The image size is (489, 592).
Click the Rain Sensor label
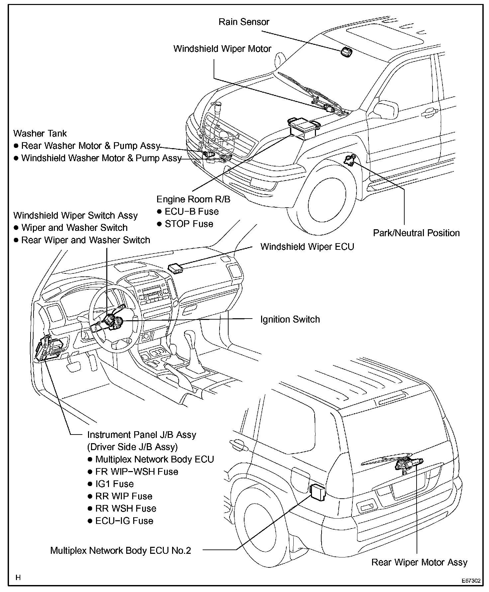[244, 22]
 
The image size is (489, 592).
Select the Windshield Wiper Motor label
[222, 49]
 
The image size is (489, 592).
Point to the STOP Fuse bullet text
[189, 224]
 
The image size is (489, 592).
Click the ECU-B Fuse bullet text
[192, 212]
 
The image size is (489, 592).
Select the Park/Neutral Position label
[416, 233]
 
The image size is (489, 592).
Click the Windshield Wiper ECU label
[307, 247]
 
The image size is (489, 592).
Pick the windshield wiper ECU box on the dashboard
[176, 267]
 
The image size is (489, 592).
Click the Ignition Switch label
[290, 320]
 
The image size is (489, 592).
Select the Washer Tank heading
[40, 134]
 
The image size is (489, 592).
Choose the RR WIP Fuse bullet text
[124, 496]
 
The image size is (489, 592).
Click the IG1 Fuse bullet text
[114, 484]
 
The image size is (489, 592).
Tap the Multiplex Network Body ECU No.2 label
[121, 551]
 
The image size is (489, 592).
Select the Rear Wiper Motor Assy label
[419, 562]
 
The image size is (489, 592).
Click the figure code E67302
[471, 581]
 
